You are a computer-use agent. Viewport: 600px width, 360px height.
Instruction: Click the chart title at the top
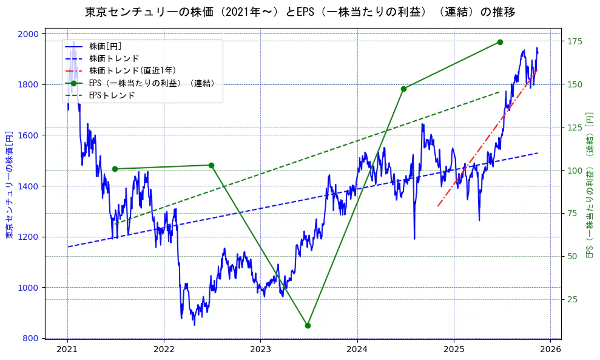click(x=300, y=12)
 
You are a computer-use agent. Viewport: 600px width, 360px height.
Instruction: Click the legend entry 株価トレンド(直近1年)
click(x=132, y=70)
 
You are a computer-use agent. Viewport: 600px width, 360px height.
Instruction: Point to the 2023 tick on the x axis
click(x=260, y=350)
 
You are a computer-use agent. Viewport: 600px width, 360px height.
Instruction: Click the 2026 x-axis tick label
click(x=550, y=350)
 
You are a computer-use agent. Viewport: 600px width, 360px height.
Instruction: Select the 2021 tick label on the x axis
click(x=67, y=350)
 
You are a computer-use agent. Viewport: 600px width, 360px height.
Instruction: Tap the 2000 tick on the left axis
click(x=30, y=33)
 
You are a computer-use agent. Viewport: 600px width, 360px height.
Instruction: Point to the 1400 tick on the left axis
click(x=30, y=186)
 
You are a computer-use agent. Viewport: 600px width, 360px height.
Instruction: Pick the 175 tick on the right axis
click(x=575, y=41)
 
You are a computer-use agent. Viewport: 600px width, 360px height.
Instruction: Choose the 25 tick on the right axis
click(x=572, y=299)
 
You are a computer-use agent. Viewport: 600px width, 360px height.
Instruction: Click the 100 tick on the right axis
click(x=575, y=170)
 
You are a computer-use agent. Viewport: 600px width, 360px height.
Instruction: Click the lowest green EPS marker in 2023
click(x=308, y=325)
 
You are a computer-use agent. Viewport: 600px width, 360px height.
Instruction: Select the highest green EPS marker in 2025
click(x=500, y=42)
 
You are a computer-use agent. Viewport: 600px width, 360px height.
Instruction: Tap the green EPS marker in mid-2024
click(x=403, y=89)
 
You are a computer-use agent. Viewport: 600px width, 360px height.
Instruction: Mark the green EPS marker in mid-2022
click(x=211, y=165)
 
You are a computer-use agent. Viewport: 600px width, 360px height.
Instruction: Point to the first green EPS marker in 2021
click(x=115, y=169)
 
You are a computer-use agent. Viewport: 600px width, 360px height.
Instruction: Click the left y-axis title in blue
click(x=9, y=184)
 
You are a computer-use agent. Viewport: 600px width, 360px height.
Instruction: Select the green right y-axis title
click(x=589, y=184)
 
